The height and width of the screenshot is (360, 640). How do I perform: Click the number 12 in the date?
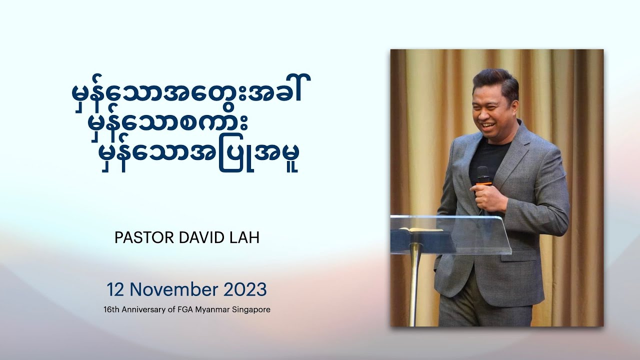click(x=115, y=289)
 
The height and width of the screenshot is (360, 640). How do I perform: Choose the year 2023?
click(x=245, y=289)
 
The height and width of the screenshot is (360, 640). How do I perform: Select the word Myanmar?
click(x=212, y=309)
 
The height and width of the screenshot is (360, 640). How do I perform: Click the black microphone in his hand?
click(x=482, y=175)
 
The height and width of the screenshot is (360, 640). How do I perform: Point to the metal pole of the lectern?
click(x=414, y=285)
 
